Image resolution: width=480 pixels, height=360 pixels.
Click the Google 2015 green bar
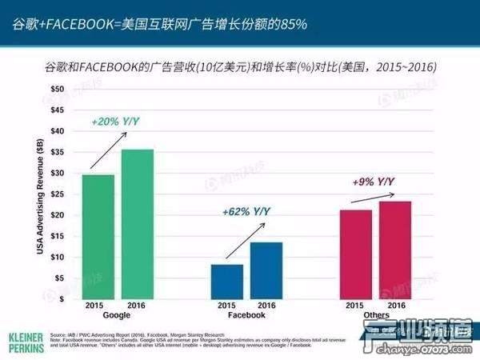tap(98, 236)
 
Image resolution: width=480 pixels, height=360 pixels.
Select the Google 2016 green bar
tap(138, 224)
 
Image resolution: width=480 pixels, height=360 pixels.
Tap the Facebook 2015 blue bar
tap(227, 281)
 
